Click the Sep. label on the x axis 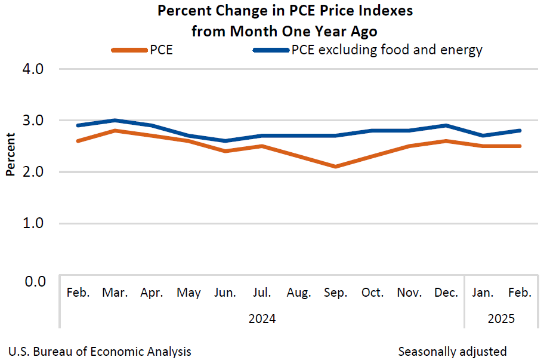[x=336, y=293]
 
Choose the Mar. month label [x=115, y=293]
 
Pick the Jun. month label [x=225, y=293]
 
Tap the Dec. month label [x=446, y=293]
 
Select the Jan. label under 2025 [x=483, y=293]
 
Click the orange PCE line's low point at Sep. [x=336, y=167]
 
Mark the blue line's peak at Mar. [x=115, y=120]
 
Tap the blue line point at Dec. [x=446, y=125]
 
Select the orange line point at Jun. [x=225, y=151]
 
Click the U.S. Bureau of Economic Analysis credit [x=100, y=351]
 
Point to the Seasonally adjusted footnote [x=452, y=351]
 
